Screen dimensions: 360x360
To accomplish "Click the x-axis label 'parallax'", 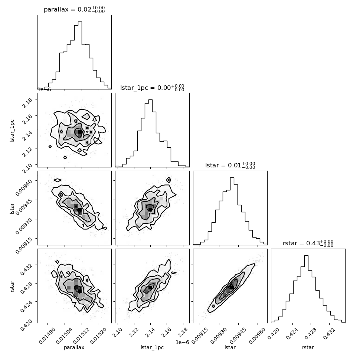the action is click(74, 347).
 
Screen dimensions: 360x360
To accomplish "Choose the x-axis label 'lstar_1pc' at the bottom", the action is click(152, 347).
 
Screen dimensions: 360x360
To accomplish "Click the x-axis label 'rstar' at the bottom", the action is click(308, 347).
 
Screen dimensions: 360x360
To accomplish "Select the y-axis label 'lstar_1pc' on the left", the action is click(12, 131).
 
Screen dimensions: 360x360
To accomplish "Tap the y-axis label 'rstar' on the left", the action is click(12, 286).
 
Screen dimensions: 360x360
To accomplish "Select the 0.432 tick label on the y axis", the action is click(27, 269).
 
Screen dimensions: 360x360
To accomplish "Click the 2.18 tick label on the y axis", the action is click(27, 103).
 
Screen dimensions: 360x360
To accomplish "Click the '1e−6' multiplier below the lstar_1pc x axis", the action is click(182, 342).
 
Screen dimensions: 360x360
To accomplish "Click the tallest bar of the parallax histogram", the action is click(80, 55).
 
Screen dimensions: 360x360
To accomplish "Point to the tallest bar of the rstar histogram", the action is click(306, 289).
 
